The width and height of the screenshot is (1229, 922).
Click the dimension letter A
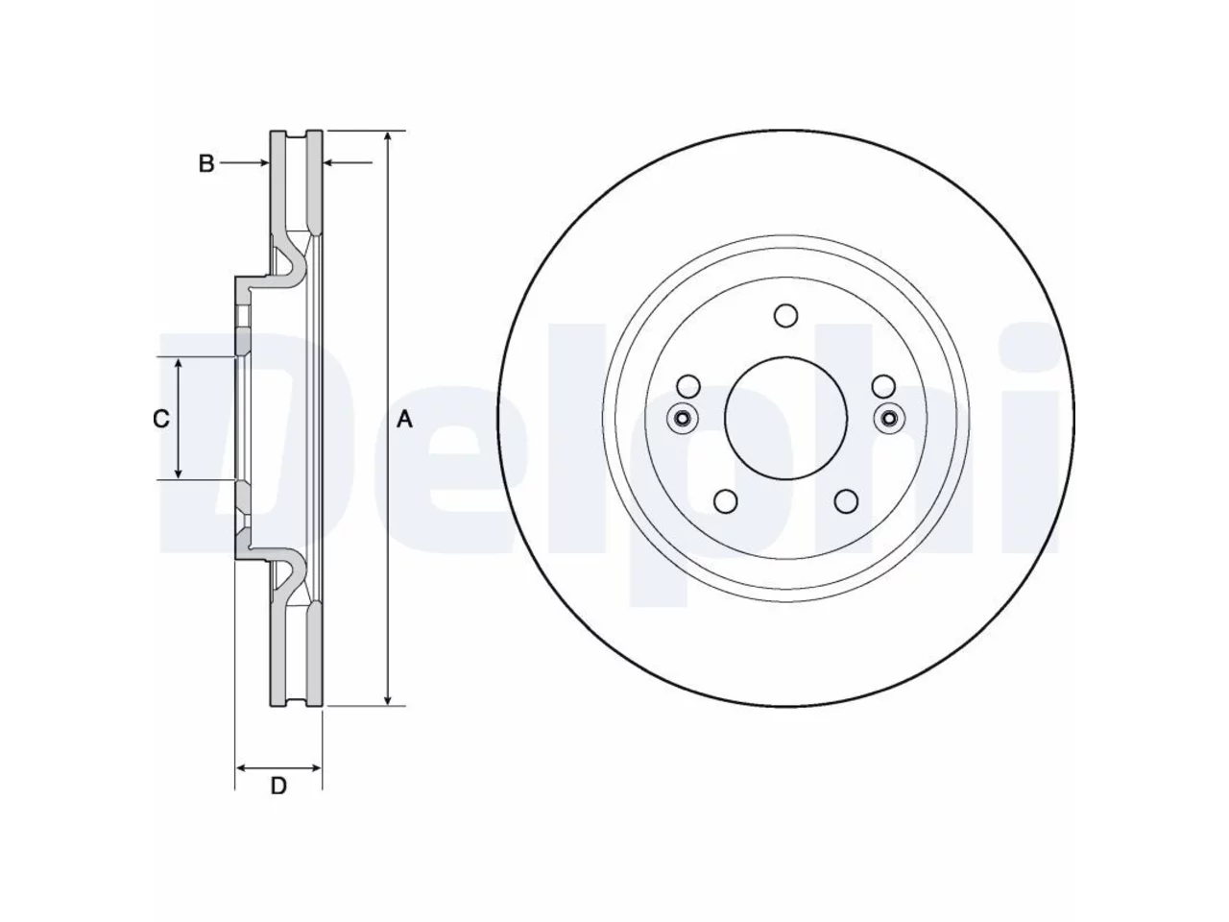click(x=404, y=420)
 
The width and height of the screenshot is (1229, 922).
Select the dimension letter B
click(x=206, y=163)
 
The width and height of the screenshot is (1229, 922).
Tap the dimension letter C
click(x=161, y=419)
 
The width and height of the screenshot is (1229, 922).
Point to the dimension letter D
click(x=278, y=786)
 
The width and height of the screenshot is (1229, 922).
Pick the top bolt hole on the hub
click(x=785, y=316)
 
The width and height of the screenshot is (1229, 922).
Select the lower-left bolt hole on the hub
click(x=725, y=501)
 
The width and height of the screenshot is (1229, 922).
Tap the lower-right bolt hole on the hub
click(x=846, y=501)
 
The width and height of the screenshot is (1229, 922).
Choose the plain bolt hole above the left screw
click(x=688, y=386)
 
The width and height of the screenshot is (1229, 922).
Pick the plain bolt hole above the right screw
click(x=883, y=386)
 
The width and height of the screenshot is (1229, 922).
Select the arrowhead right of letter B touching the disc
click(x=262, y=163)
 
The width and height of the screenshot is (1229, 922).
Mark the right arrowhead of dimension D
click(x=315, y=768)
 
